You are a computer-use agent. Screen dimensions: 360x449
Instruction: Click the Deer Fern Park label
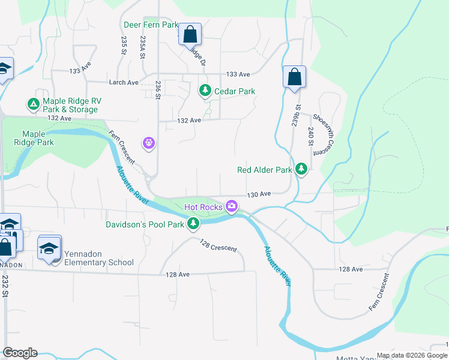tap(151, 25)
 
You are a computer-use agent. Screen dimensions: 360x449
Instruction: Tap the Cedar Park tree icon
tap(205, 91)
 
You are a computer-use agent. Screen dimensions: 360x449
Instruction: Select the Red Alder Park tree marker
tap(301, 170)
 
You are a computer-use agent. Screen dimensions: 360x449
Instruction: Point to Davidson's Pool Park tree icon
tap(193, 224)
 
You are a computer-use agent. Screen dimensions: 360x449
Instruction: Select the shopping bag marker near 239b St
tap(294, 77)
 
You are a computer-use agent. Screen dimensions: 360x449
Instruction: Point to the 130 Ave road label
tap(259, 194)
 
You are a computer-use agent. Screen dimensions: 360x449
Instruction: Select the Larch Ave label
tap(124, 82)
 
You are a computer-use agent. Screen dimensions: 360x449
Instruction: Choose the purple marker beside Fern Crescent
tap(149, 143)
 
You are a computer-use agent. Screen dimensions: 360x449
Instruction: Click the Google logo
tap(20, 353)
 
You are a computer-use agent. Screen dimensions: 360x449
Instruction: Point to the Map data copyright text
tap(411, 355)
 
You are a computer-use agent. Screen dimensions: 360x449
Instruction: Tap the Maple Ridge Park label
tap(38, 138)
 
